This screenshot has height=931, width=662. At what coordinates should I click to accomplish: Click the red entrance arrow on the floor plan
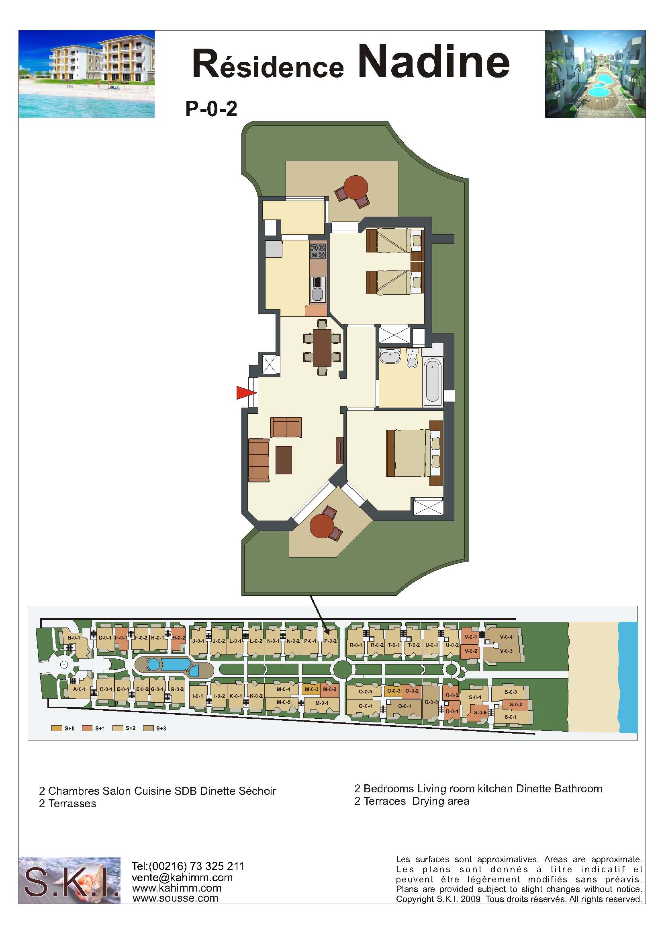[246, 393]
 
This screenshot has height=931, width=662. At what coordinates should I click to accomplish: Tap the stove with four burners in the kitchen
[319, 251]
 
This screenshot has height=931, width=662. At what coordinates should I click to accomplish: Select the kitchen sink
[319, 289]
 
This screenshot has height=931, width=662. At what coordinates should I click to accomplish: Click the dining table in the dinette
[323, 348]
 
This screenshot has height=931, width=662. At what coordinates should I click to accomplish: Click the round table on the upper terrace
[356, 187]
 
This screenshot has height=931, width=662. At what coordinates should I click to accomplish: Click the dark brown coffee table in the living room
[284, 460]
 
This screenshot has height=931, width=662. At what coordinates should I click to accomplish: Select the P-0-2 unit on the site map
[330, 641]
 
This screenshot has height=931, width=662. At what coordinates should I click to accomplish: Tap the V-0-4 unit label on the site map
[506, 636]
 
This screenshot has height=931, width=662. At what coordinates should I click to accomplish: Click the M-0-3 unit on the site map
[311, 689]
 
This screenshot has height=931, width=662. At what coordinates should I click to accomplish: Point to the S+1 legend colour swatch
[87, 728]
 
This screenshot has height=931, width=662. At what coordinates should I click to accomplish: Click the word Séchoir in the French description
[257, 791]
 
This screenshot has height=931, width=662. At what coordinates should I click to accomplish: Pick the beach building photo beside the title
[87, 74]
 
